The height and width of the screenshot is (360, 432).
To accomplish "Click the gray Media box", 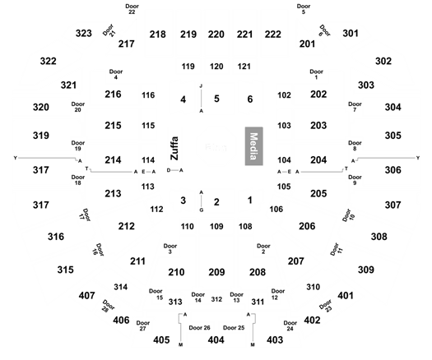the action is pos(253,146).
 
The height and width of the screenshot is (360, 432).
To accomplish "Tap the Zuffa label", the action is pos(174,148).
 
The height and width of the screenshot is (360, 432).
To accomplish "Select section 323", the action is pos(84,34).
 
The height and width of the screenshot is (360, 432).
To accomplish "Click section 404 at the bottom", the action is pos(216,340).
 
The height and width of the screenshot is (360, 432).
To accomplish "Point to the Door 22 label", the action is pos(132,9).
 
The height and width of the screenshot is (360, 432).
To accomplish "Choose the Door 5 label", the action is pos(304,9).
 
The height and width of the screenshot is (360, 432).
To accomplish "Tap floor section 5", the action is pos(216,99).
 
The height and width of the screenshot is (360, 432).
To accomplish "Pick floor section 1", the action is pos(250,200).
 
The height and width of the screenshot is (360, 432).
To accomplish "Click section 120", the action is pos(216,67).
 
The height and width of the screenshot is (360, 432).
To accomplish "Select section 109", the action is pos(216,226).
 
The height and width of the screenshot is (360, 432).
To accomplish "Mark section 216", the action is pos(113,95).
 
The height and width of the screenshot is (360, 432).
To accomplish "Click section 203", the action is pos(318,125).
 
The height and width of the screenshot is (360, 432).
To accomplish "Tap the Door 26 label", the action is pos(199,327).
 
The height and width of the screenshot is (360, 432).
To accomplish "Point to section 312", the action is pos(216,299).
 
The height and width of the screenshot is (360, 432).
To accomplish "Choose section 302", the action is pos(383,61).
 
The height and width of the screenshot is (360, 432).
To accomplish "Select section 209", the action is pos(216,272).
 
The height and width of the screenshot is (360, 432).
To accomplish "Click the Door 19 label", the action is pos(78,145).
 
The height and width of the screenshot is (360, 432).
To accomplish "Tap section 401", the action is pos(346,295).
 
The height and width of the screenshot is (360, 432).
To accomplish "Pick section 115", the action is pos(148,126).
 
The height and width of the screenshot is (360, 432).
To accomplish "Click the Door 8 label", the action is pos(355,145).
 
